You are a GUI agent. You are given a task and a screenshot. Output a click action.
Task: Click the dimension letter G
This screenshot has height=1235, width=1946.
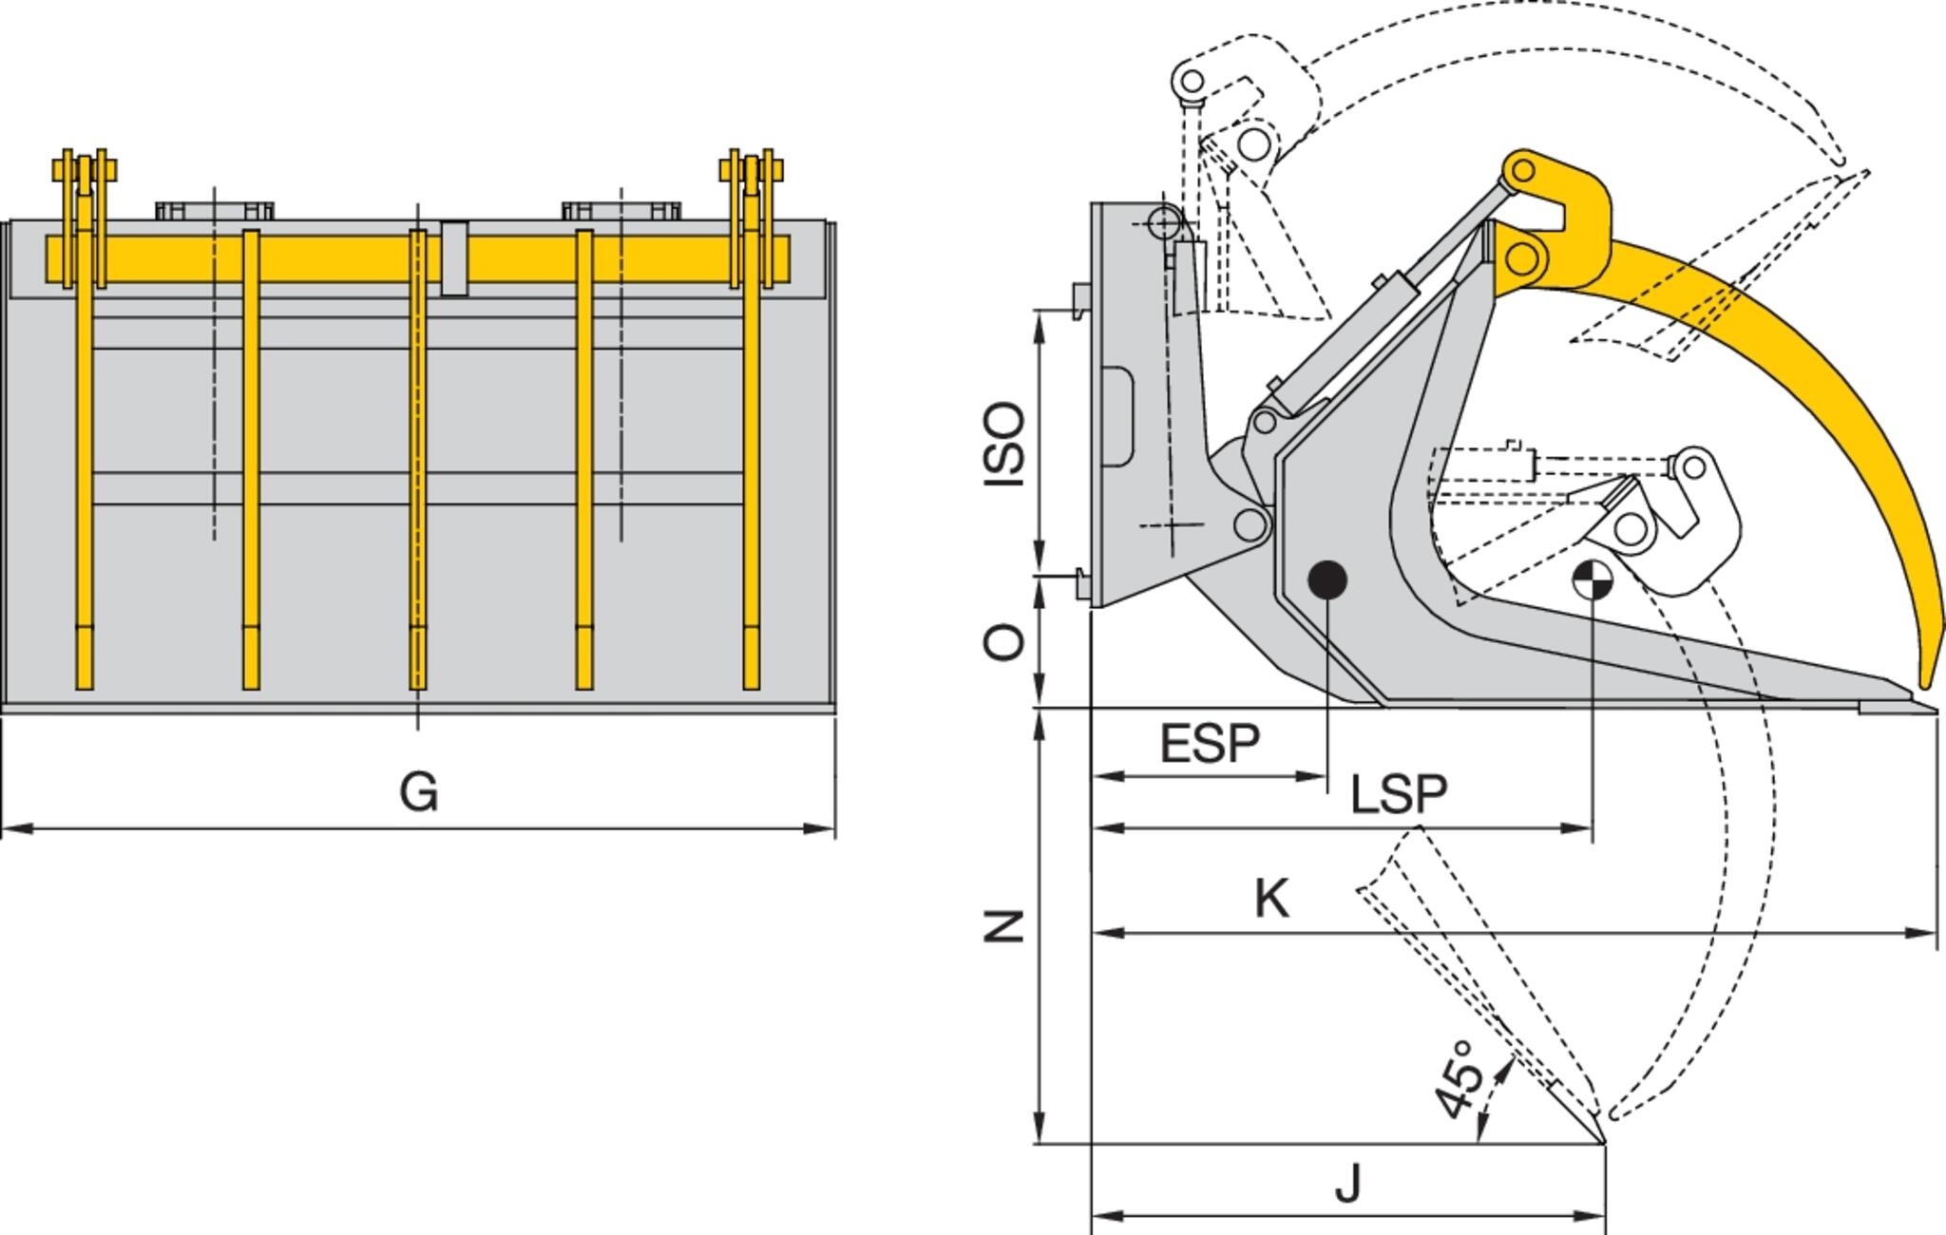[x=419, y=791]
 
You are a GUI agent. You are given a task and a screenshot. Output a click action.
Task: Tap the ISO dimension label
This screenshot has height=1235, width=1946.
[x=1005, y=445]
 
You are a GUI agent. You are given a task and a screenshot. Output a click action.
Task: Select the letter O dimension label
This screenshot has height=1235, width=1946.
[x=1005, y=643]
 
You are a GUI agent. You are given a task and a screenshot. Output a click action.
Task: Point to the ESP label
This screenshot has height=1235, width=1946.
[x=1210, y=744]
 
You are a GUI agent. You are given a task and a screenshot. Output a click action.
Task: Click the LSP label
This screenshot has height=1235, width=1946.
[x=1399, y=794]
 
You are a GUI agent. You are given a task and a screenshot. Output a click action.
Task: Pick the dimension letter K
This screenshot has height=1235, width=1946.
[x=1272, y=898]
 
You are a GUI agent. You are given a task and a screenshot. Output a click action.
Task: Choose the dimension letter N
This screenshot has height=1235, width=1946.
[x=1003, y=925]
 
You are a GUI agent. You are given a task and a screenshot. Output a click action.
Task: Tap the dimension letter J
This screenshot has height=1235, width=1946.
[x=1348, y=1184]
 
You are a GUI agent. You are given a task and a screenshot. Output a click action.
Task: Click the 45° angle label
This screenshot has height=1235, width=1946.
[x=1458, y=1078]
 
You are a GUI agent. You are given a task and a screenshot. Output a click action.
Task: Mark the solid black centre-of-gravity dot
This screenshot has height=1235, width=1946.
[x=1327, y=579]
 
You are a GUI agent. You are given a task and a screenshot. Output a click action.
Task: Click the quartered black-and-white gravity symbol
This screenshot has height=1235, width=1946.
[x=1592, y=579]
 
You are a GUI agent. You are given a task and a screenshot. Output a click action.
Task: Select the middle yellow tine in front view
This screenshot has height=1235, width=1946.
[x=417, y=456]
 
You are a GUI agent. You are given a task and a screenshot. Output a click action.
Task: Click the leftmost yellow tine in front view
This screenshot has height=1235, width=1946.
[x=85, y=456]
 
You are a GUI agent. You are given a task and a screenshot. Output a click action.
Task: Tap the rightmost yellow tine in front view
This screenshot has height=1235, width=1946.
[x=751, y=456]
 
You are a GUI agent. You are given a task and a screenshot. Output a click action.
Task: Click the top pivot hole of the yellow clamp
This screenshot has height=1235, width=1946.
[x=1522, y=171]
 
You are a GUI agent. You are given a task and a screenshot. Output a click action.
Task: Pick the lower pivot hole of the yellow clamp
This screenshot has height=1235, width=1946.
[x=1520, y=256]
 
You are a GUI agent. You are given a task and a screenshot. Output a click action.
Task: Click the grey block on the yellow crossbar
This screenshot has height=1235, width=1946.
[x=454, y=258]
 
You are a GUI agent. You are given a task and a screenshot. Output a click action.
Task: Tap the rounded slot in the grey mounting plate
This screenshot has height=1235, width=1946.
[x=1118, y=416]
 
